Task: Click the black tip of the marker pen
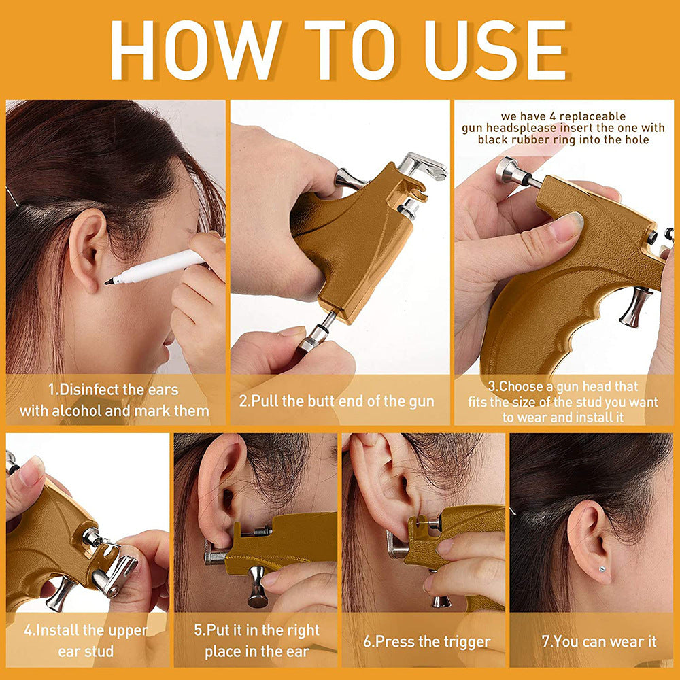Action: (109, 280)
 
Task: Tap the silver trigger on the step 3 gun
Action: (634, 306)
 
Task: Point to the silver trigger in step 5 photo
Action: (258, 585)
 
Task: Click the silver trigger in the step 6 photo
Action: (441, 598)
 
